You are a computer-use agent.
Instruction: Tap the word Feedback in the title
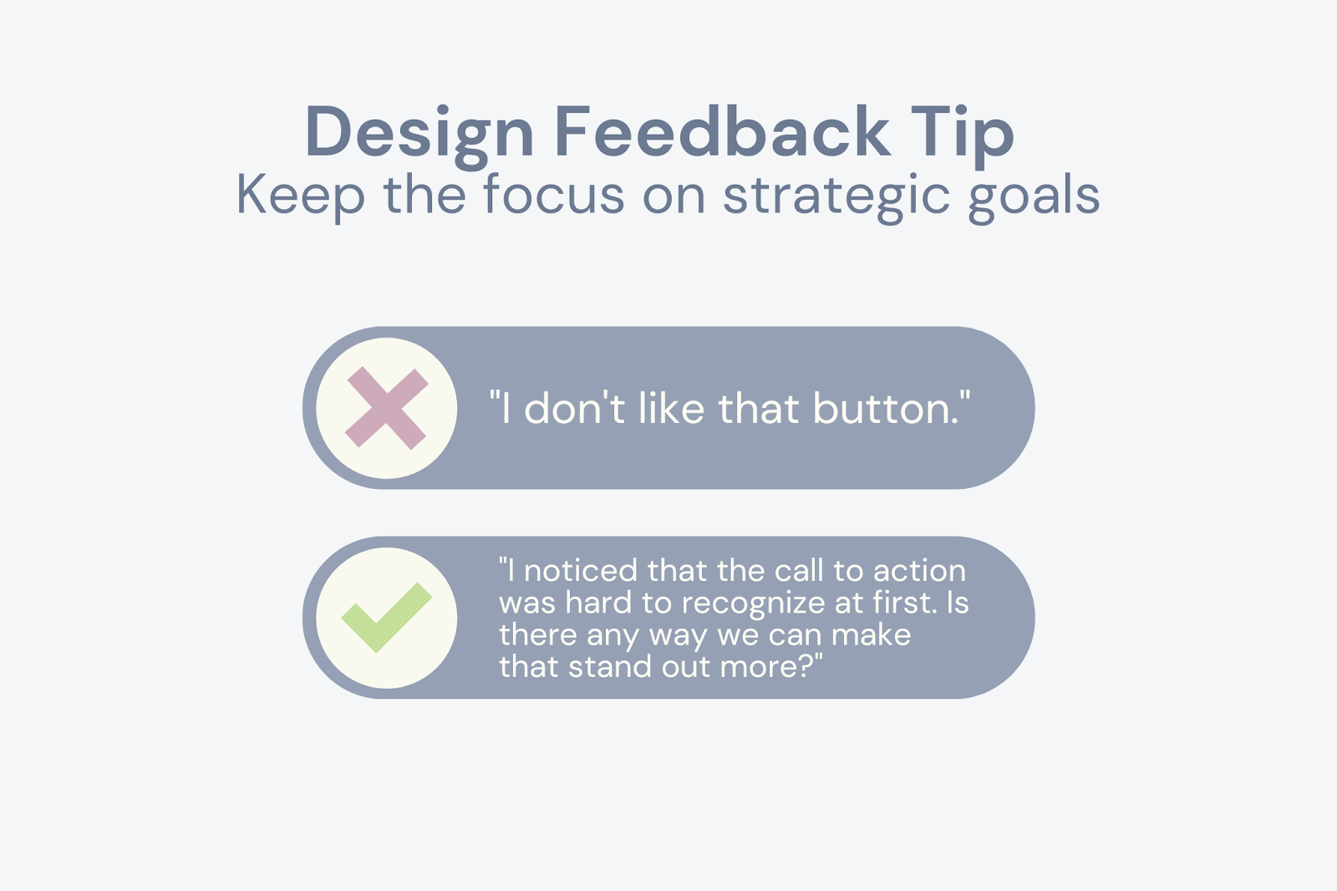coord(722,131)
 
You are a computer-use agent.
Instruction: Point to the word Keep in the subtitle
coord(300,195)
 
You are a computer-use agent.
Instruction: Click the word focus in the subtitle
coord(553,195)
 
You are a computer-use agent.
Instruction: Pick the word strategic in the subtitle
coord(836,195)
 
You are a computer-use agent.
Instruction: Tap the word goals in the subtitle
coord(1034,195)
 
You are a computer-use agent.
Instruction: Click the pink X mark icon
coord(387,408)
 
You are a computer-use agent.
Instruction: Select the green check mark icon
coord(387,618)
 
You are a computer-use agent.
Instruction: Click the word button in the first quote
coord(886,409)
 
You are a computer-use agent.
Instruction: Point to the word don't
coord(574,409)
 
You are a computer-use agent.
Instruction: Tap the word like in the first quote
coord(671,409)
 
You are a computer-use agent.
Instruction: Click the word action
coord(919,571)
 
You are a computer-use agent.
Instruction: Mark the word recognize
coord(753,603)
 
